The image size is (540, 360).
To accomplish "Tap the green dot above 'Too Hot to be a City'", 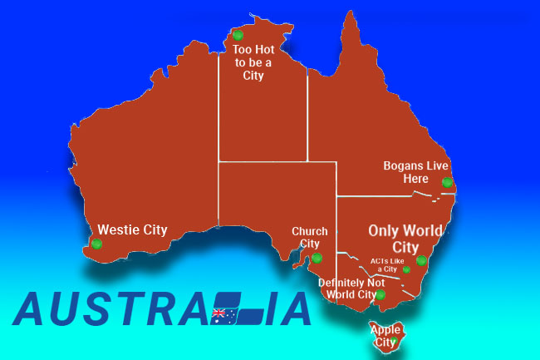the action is click(x=238, y=35).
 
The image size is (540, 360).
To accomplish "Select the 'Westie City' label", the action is click(x=132, y=229).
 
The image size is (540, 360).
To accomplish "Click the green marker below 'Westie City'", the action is click(x=97, y=244).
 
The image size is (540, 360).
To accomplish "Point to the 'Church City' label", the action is click(x=309, y=237).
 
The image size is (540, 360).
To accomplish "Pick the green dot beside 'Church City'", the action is click(x=317, y=258).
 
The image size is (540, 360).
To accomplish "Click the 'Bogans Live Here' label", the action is click(x=415, y=171).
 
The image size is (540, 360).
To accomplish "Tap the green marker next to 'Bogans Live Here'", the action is click(x=447, y=182).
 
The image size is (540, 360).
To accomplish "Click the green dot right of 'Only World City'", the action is click(x=421, y=260).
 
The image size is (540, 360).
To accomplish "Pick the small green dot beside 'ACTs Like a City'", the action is click(x=406, y=269).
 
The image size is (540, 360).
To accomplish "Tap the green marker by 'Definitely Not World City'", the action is click(x=380, y=294).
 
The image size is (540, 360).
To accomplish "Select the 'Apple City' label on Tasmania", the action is click(x=384, y=335).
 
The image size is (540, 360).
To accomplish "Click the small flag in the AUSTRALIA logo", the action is click(x=223, y=314).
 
